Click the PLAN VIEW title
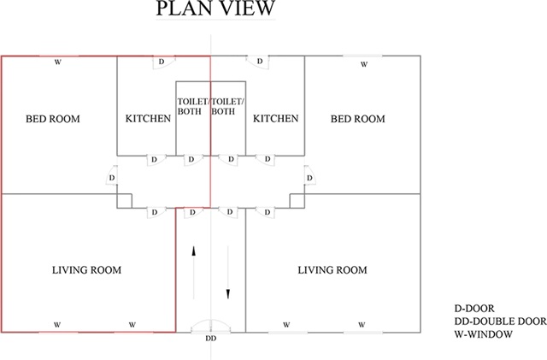point(215,8)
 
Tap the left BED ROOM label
point(53,119)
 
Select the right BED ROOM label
point(358,119)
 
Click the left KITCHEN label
point(148,118)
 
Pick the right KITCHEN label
point(275,118)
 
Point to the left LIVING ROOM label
point(86,270)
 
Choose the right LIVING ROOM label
point(332,270)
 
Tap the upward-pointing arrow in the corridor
point(194,273)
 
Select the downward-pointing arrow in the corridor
point(228,273)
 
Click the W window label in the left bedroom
point(58,62)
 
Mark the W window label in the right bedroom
point(364,64)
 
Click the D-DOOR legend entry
point(474,309)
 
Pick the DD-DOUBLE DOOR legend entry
point(500,322)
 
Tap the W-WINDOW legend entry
point(483,334)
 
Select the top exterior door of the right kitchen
point(258,62)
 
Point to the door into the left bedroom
point(111,175)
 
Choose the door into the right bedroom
point(309,175)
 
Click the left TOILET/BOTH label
point(193,107)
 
